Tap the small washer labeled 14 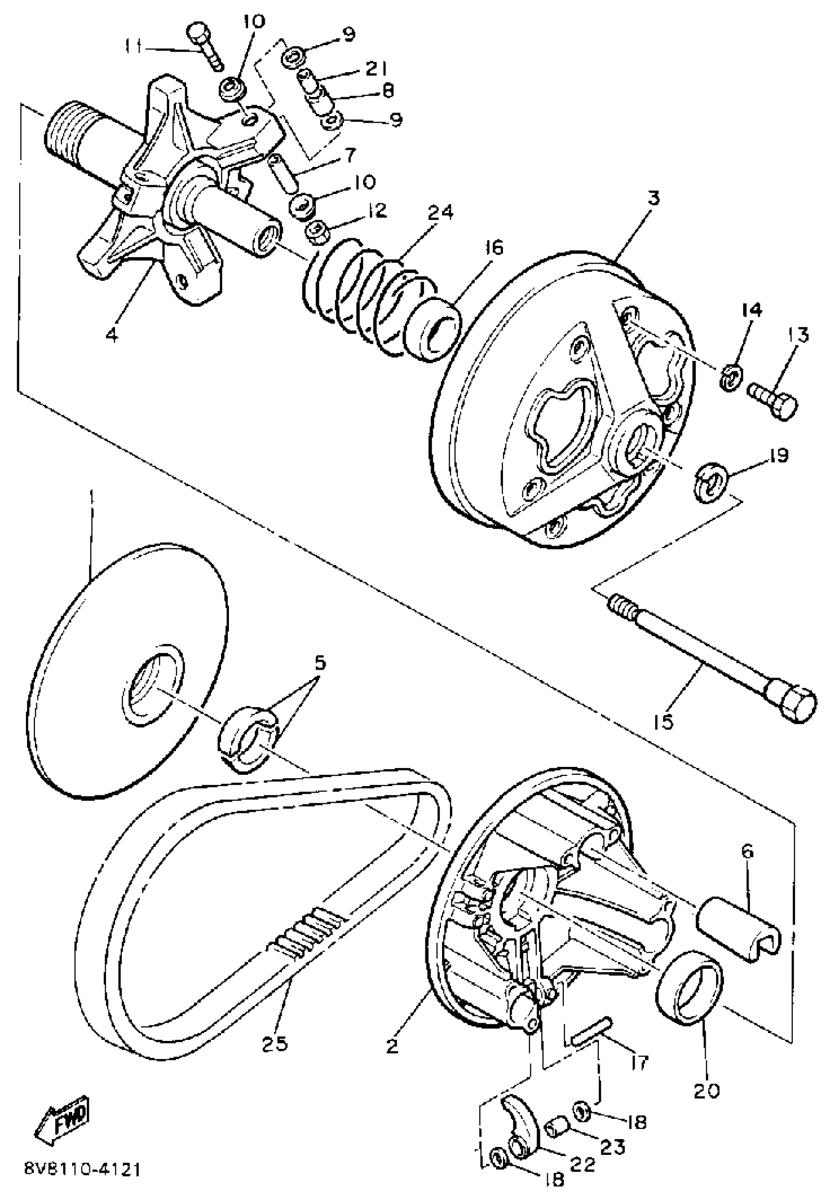730,376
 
